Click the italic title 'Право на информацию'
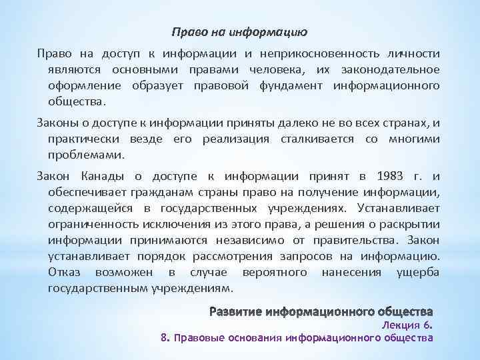pyautogui.click(x=239, y=31)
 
